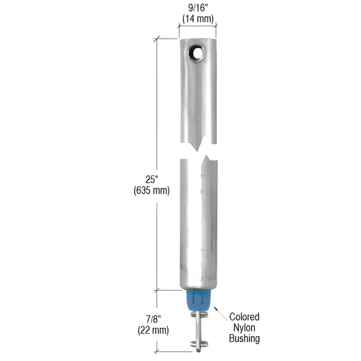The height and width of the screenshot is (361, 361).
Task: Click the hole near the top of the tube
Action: point(197,52)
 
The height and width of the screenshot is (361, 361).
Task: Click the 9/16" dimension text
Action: point(197,9)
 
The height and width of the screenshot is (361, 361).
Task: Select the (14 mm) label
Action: point(197,20)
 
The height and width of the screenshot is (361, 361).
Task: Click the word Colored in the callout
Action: point(245,316)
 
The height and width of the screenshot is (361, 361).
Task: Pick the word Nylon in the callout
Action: point(245,327)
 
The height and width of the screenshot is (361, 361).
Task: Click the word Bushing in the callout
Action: point(245,338)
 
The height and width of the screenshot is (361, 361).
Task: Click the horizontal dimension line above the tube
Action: point(197,28)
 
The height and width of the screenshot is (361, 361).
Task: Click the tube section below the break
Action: point(197,224)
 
